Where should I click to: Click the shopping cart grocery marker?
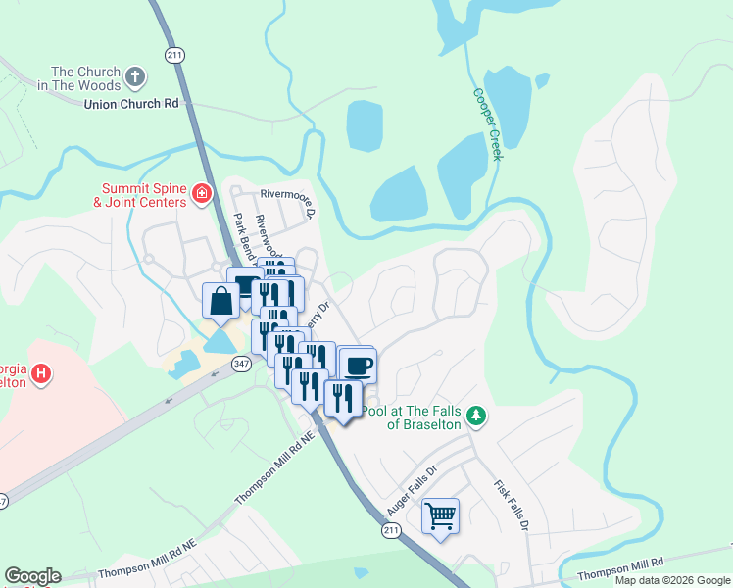coord(440,515)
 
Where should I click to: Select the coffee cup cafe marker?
coord(357,366)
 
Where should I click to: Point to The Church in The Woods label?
coord(85,78)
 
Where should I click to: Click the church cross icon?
coord(135,74)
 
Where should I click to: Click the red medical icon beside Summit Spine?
coord(202,194)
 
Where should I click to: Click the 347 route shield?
coord(242,363)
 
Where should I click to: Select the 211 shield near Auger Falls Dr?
coord(391,530)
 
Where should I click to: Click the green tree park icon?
coord(476,416)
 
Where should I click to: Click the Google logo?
coord(32,576)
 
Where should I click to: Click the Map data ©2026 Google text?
coord(672,580)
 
